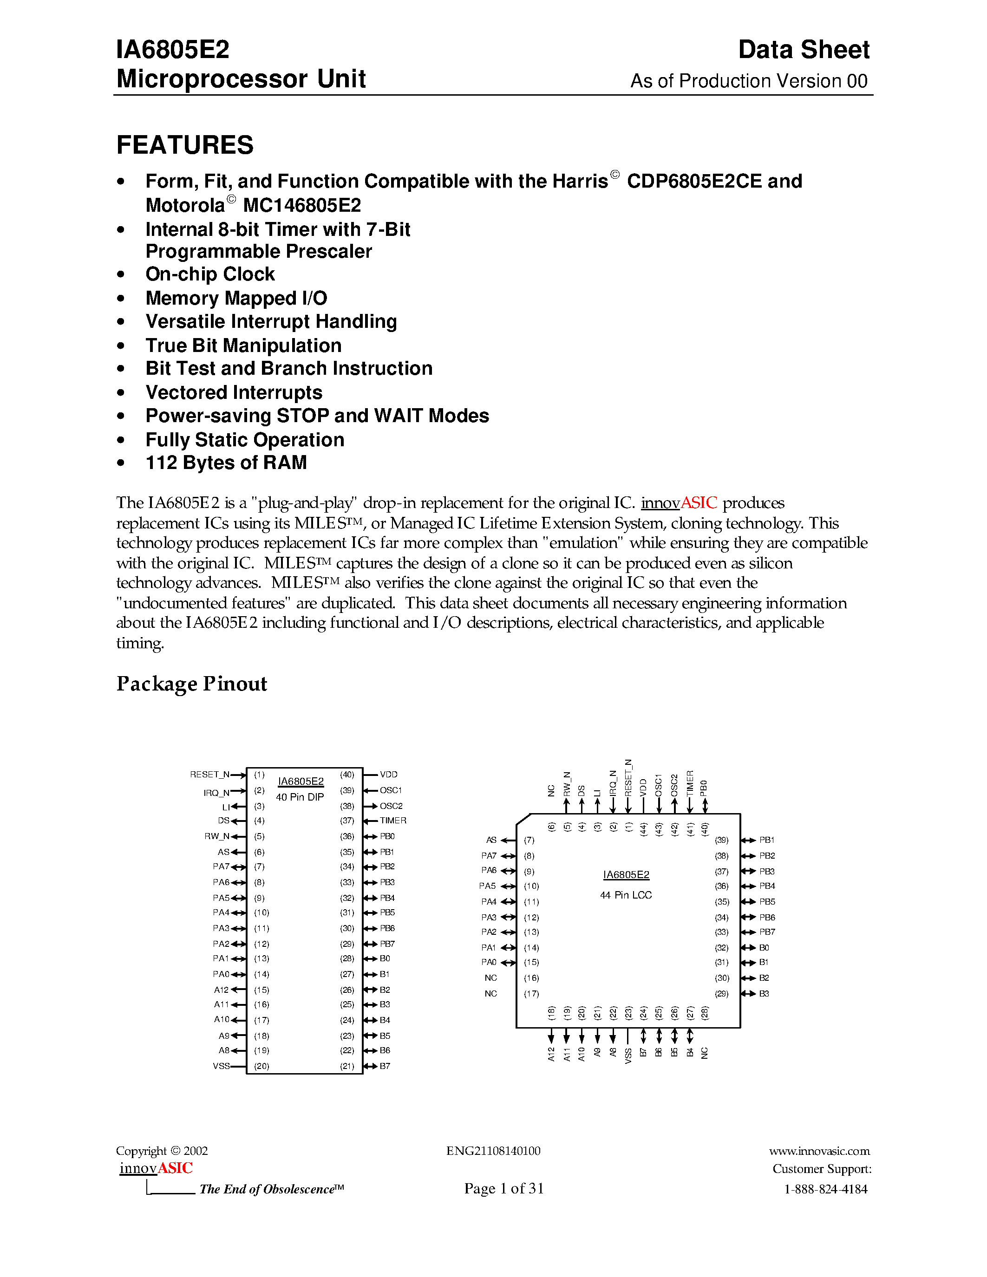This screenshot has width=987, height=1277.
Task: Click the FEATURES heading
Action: [x=185, y=145]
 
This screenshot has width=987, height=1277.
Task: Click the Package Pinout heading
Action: [x=191, y=684]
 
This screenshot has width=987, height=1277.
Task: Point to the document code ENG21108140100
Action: [x=493, y=1151]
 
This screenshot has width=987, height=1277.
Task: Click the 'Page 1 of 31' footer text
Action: [x=503, y=1188]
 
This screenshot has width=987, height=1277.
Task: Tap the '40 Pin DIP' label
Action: [x=300, y=797]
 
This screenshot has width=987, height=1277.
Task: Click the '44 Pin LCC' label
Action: [x=626, y=895]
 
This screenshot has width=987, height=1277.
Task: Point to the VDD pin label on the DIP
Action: [x=388, y=774]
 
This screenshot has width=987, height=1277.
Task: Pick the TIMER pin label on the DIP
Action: [x=392, y=821]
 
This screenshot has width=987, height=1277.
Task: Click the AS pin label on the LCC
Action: [x=491, y=840]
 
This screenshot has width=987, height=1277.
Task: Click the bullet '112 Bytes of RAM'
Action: [x=226, y=463]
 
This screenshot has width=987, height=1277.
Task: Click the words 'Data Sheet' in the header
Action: [x=804, y=50]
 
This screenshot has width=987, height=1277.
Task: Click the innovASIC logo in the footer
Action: [x=156, y=1168]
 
